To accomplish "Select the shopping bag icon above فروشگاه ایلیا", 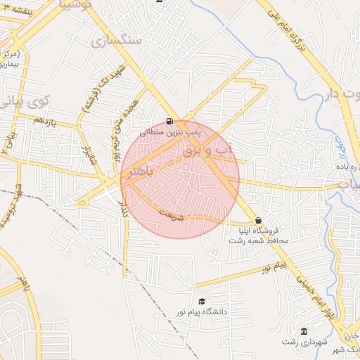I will pos(258,220).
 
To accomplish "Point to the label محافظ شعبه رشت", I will pos(257,240).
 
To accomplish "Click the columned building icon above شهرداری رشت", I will pos(304,331).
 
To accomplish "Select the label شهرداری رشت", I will pos(302,342).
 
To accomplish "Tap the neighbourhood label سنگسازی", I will pos(117,40).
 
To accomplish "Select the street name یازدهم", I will pos(44,122).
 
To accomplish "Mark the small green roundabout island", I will pos(82,204).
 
